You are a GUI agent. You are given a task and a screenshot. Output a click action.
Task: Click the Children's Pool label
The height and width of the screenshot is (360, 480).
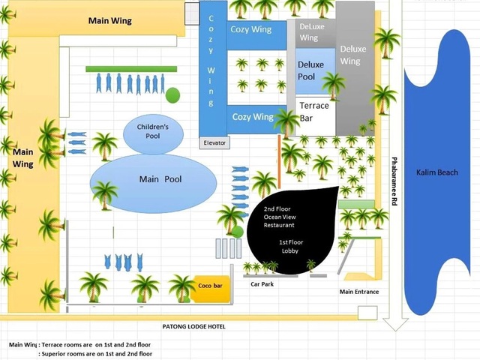coord(153,132)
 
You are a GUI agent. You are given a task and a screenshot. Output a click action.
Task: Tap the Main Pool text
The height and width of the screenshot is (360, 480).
coord(160,180)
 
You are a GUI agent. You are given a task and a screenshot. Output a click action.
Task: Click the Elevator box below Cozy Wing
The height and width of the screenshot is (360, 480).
coord(214,142)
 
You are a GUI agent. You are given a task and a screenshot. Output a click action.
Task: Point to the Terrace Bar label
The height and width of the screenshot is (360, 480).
coord(314,112)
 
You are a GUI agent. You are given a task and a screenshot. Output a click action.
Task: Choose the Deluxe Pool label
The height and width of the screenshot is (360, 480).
coord(311,70)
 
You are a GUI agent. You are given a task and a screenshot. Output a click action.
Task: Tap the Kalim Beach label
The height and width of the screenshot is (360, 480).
coord(437,173)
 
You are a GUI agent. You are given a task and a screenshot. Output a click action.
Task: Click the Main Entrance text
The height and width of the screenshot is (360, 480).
coord(359,292)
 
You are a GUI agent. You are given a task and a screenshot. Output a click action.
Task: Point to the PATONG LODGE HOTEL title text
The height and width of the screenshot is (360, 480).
coord(193,326)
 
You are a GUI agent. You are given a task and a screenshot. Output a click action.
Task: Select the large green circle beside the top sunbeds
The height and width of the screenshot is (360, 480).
coord(172,96)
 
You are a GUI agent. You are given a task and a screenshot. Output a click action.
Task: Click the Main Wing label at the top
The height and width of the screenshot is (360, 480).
coord(109,21)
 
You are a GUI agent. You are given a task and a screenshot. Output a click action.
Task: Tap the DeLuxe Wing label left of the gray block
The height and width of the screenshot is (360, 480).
coord(309,32)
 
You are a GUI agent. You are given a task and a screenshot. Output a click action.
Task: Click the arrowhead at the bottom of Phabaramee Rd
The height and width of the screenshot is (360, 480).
coord(394,324)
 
